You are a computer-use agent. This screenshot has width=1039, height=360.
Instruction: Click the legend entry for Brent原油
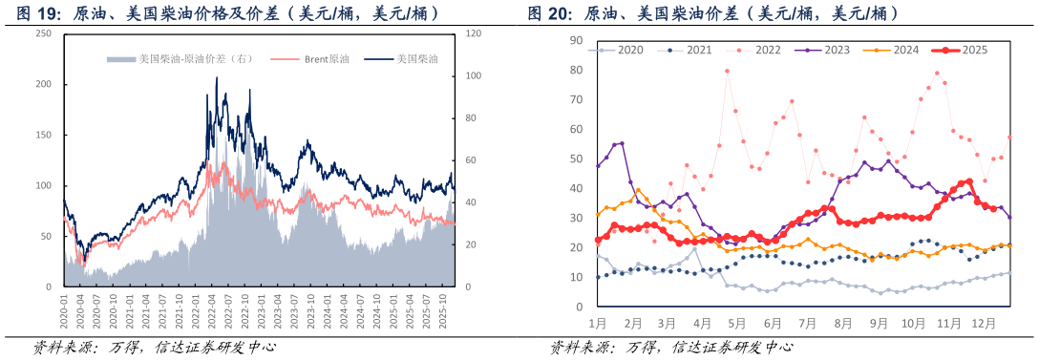click(x=326, y=59)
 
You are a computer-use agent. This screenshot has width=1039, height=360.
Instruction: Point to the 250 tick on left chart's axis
click(x=44, y=33)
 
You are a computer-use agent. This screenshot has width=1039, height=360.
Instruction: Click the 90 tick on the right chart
click(x=576, y=40)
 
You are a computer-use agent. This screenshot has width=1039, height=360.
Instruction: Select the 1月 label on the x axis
click(x=599, y=324)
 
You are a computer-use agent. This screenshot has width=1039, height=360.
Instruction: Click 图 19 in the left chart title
click(x=27, y=13)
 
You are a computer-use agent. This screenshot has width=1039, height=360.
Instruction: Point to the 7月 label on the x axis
click(x=807, y=324)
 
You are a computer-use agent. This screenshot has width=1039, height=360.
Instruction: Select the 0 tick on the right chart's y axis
click(x=579, y=307)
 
